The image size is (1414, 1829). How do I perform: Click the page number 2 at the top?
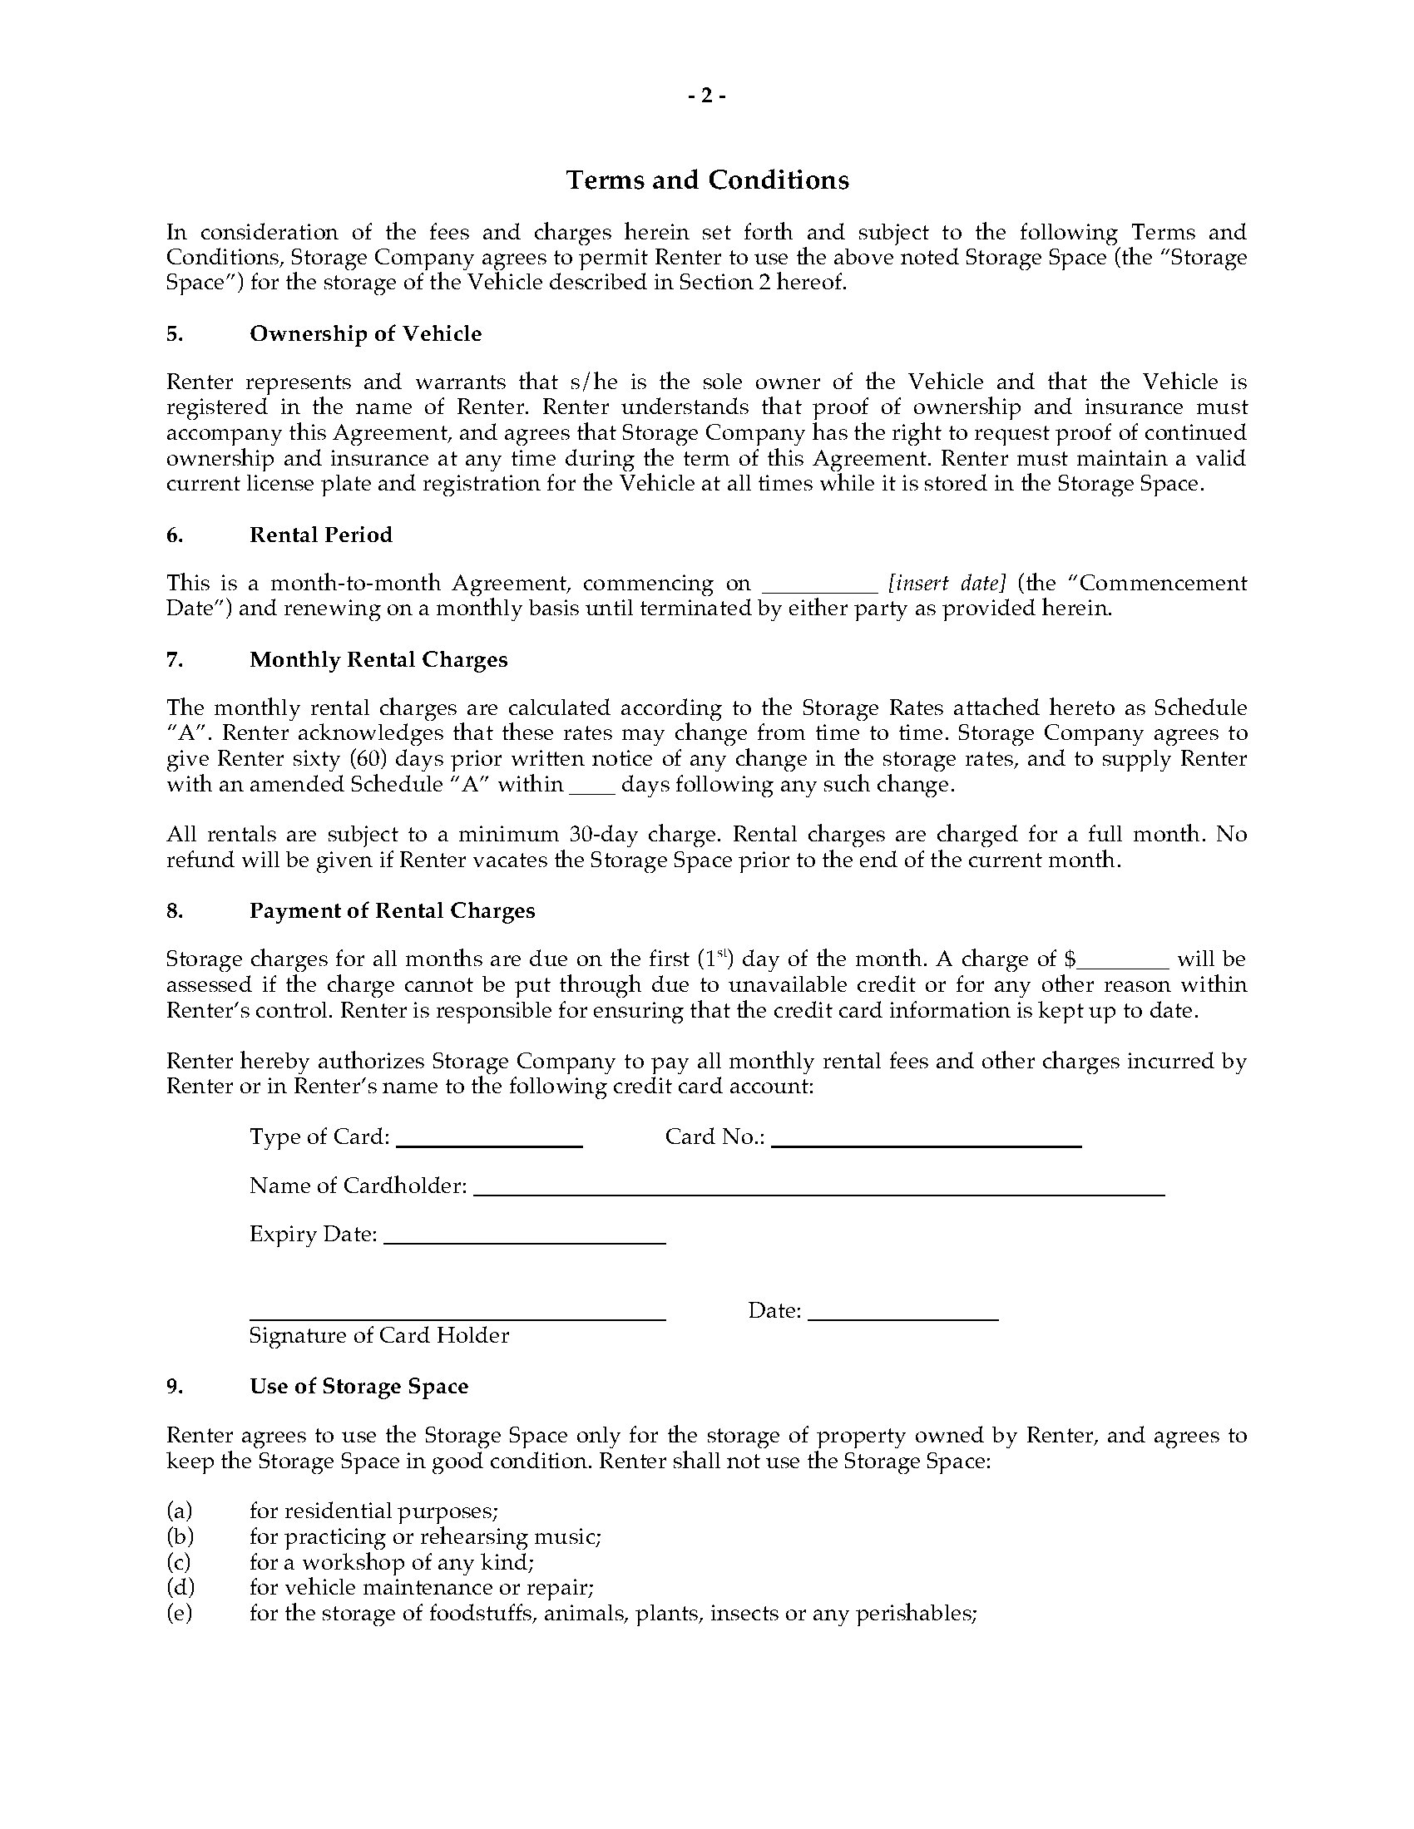[707, 96]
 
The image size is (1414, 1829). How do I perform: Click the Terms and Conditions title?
[707, 180]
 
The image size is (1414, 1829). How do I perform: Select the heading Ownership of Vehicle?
[365, 333]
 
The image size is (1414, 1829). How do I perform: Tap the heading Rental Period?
[321, 535]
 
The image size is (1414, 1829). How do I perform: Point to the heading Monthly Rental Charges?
[378, 659]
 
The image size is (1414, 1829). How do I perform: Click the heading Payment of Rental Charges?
[392, 910]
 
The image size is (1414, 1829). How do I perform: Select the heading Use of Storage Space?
[358, 1386]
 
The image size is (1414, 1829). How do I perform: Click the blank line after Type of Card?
[489, 1143]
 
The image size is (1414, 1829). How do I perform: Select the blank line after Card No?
[927, 1143]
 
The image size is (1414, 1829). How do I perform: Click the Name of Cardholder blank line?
[819, 1192]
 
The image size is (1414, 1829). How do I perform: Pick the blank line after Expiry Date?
[524, 1241]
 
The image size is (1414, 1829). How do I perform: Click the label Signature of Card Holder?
[378, 1335]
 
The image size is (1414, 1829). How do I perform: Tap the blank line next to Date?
[903, 1318]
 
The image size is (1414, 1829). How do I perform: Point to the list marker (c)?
[179, 1562]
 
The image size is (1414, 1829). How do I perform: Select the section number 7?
[174, 659]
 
